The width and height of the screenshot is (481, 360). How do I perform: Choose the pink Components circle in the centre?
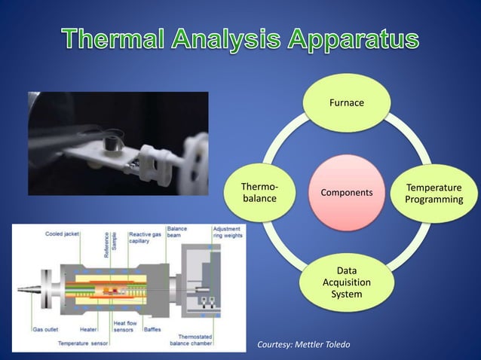coord(346,193)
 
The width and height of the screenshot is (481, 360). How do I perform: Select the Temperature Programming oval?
coord(434,193)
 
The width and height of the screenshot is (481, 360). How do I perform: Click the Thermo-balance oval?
coord(259,193)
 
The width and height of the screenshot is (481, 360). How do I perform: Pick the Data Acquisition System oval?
coord(346,282)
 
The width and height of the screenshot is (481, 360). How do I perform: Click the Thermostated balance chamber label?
coord(195,340)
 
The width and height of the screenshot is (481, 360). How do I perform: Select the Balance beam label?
coord(177,231)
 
